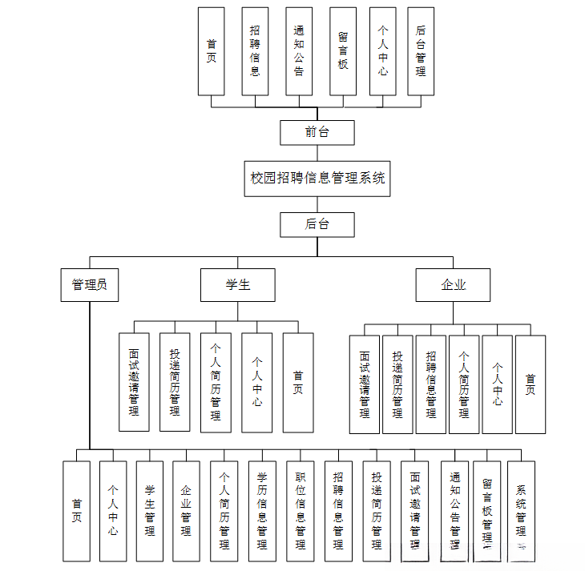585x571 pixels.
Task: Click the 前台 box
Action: click(x=317, y=132)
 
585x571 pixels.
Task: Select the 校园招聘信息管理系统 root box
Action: click(x=317, y=178)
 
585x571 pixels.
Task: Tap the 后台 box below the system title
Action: click(x=317, y=224)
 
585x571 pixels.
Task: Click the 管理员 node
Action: click(x=90, y=284)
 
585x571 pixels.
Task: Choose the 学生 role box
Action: click(x=237, y=284)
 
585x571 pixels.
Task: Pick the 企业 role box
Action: click(x=453, y=284)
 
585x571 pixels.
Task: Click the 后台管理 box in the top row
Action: click(x=421, y=51)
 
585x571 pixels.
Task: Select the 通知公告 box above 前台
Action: click(x=299, y=51)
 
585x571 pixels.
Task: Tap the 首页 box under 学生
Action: click(x=298, y=382)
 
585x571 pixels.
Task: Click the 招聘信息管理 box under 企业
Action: click(x=431, y=384)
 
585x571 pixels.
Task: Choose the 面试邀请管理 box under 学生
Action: click(x=134, y=382)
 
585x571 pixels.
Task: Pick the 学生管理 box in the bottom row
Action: click(x=150, y=510)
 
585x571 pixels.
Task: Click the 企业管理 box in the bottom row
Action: click(x=186, y=510)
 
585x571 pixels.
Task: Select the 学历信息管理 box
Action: click(x=262, y=510)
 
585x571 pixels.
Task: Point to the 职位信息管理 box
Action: click(x=301, y=510)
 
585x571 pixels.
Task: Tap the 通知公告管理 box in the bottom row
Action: click(x=454, y=510)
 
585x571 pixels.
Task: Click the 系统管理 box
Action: click(x=521, y=510)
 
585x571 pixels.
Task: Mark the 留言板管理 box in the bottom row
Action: click(x=487, y=510)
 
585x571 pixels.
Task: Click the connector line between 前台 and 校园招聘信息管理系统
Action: click(x=317, y=153)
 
